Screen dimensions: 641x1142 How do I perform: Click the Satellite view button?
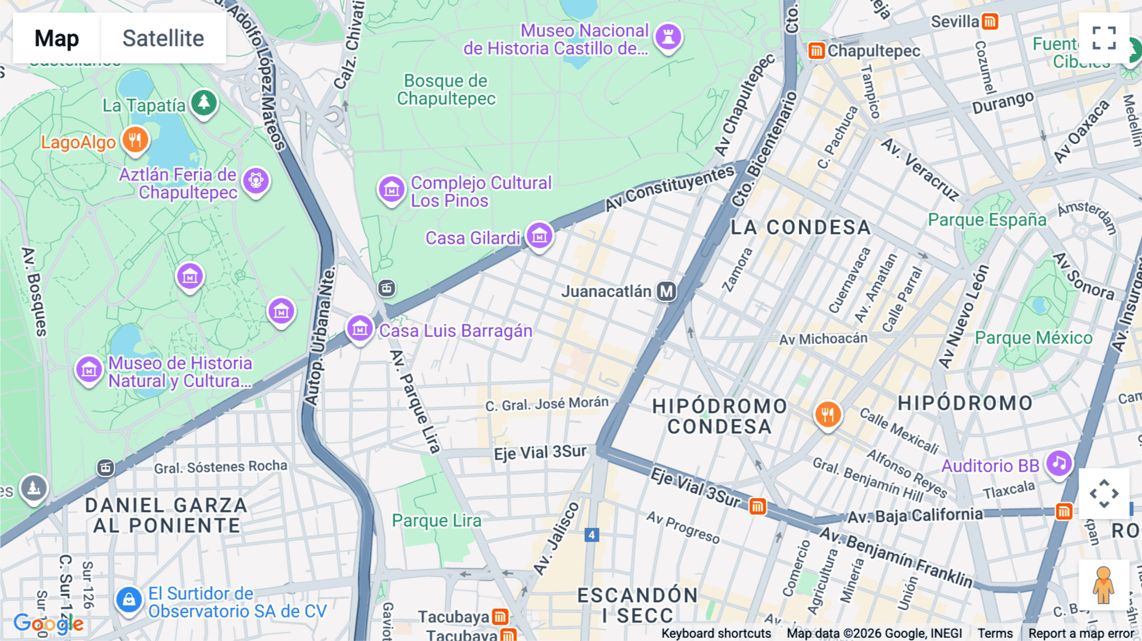(x=163, y=38)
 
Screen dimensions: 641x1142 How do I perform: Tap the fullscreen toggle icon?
(x=1104, y=38)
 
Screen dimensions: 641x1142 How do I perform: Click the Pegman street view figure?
(x=1103, y=585)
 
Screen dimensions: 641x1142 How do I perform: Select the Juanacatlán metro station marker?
(x=666, y=291)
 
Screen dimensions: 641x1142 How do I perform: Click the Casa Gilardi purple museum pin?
(x=539, y=236)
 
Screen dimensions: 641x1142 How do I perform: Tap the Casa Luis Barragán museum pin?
(x=360, y=329)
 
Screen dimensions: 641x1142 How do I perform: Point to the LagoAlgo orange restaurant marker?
(x=135, y=140)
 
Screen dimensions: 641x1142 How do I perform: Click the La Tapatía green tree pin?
(x=204, y=102)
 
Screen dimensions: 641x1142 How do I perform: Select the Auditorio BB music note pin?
(x=1059, y=464)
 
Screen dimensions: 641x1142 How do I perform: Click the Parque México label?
(x=1034, y=338)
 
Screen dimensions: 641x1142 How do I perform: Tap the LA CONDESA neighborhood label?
(x=801, y=227)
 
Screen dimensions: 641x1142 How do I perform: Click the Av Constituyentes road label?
(x=669, y=188)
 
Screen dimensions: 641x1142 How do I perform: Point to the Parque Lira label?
(x=436, y=520)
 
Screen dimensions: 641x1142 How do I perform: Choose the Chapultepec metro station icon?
(x=817, y=51)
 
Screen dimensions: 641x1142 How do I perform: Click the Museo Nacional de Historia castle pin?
(x=668, y=36)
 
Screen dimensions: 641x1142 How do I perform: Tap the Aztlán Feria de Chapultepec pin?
(x=256, y=181)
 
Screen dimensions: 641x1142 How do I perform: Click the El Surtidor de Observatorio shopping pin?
(x=129, y=599)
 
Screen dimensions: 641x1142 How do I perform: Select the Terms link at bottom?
(x=995, y=633)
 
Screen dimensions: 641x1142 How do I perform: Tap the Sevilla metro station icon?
(x=990, y=22)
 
